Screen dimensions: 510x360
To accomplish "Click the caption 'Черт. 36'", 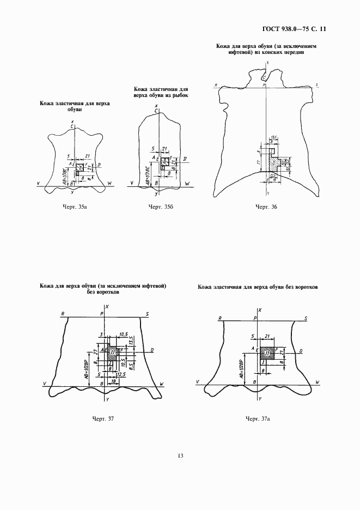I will pyautogui.click(x=267, y=208).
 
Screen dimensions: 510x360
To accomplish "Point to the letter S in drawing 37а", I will pyautogui.click(x=306, y=318).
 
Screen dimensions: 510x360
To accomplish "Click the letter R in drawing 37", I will pyautogui.click(x=63, y=314).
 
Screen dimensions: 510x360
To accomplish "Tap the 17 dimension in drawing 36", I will pyautogui.click(x=258, y=162).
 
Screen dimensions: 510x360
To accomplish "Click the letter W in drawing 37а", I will pyautogui.click(x=316, y=383).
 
